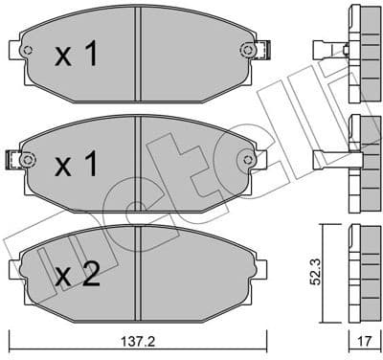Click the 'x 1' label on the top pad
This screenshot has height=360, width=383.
point(76,56)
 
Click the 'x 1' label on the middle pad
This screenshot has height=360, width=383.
point(76,166)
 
